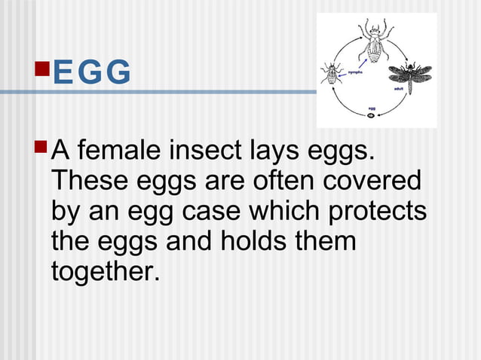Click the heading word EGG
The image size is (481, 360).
tap(93, 73)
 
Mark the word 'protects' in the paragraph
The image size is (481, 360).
tap(381, 213)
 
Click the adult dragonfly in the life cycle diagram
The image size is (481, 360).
tap(409, 75)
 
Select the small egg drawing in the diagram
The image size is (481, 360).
tap(372, 116)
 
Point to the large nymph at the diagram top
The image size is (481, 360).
tap(375, 41)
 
